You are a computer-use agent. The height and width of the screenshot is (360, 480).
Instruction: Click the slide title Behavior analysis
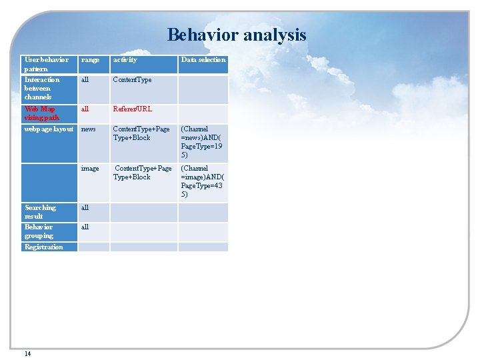click(x=237, y=35)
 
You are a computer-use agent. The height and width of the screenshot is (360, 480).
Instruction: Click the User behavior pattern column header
click(x=46, y=64)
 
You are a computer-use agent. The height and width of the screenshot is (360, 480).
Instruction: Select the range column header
click(x=90, y=60)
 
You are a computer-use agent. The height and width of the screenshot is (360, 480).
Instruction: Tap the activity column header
click(x=125, y=60)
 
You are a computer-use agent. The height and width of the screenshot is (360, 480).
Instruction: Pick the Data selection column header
click(x=203, y=60)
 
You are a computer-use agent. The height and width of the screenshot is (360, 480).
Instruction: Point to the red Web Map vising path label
click(x=41, y=113)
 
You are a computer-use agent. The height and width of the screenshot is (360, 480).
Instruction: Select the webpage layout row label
click(x=49, y=129)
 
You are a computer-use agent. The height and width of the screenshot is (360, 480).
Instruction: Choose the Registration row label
click(x=43, y=247)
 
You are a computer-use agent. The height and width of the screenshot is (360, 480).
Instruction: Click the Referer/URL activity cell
click(x=132, y=109)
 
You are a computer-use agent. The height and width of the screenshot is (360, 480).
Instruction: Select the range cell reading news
click(x=88, y=129)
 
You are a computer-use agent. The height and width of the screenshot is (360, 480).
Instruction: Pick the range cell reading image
click(x=90, y=169)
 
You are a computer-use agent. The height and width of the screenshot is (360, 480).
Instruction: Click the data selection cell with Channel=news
click(x=202, y=142)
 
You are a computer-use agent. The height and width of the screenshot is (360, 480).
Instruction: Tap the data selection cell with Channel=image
click(x=202, y=181)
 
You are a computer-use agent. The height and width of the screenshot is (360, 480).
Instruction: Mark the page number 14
click(x=27, y=353)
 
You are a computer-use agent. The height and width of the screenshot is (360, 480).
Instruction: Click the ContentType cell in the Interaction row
click(x=132, y=80)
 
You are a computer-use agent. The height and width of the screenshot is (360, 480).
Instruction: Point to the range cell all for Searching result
click(x=85, y=208)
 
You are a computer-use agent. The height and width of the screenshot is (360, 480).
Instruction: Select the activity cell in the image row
click(x=142, y=173)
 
